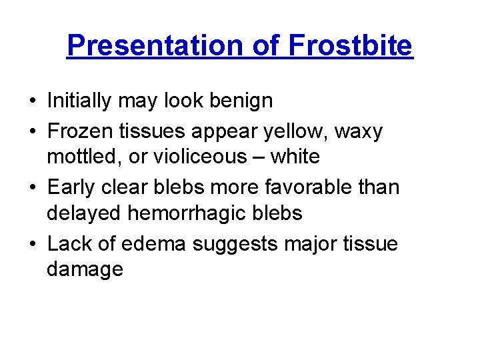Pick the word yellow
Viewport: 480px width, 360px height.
tap(297, 131)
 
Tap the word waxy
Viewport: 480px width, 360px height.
tap(360, 131)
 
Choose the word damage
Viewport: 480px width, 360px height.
tap(85, 269)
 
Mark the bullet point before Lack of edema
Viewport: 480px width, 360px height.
tap(33, 244)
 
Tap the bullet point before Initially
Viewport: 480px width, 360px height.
tap(33, 101)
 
